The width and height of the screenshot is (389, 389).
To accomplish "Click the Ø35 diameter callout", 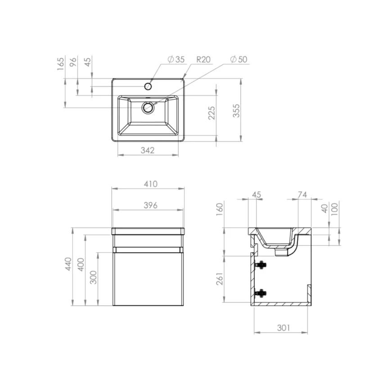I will (176, 59).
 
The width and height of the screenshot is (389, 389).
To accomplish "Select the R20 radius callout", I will (204, 59).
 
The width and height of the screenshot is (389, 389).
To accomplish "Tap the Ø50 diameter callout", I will (239, 59).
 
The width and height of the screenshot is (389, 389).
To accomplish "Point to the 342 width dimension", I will (147, 150).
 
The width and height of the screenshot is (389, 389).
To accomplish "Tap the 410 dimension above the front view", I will (150, 183).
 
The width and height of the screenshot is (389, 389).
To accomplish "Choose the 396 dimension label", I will (150, 205).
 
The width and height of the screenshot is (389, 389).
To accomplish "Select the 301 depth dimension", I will (282, 327).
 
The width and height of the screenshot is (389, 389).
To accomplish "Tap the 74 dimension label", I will (303, 194).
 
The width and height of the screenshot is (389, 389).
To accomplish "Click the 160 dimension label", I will (219, 209).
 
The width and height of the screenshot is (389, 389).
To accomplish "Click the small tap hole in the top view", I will (148, 86).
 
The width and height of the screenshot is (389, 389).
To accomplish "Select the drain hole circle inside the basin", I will (148, 108).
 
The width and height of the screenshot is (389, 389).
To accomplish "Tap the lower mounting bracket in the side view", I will (260, 293).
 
